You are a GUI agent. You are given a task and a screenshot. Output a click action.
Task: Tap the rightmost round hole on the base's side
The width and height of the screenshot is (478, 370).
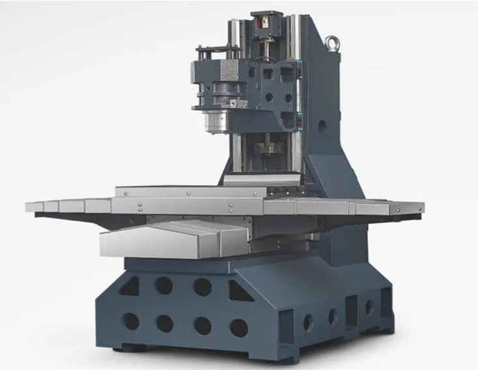click(369, 307)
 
